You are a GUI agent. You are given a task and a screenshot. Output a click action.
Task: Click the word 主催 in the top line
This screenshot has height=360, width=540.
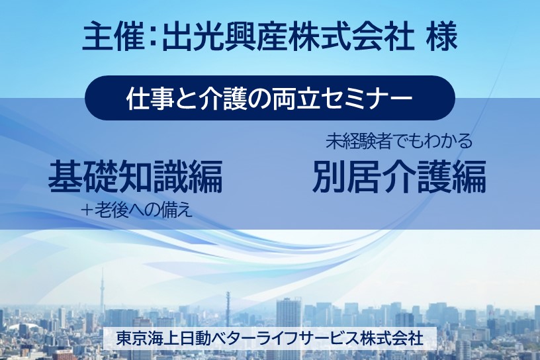coord(112,37)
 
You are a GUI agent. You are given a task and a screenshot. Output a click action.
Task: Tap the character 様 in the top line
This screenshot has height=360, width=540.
coord(441,37)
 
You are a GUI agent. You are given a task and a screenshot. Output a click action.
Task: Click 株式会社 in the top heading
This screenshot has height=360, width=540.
coord(351,37)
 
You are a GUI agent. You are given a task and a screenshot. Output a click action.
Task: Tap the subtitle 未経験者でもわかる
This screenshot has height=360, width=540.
coord(399,141)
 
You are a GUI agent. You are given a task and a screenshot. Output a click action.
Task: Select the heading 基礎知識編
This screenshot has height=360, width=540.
coord(135,176)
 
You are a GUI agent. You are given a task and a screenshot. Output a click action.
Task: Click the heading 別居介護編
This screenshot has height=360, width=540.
coord(399,176)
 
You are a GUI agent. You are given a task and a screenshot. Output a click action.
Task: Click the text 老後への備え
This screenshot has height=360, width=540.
coord(143,210)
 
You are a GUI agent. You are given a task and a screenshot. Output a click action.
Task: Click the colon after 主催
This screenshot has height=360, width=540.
coord(153,37)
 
